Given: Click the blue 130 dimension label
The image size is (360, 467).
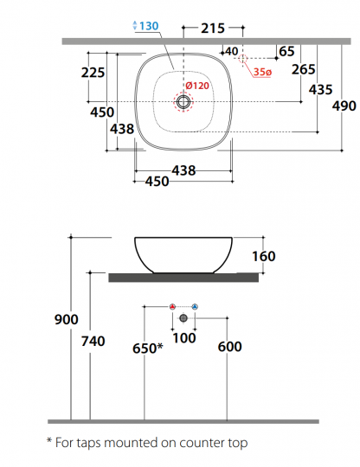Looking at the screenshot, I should pyautogui.click(x=148, y=26).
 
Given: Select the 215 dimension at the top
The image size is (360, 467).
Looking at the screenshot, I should pyautogui.click(x=213, y=29).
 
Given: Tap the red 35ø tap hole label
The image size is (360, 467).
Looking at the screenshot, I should pyautogui.click(x=264, y=71).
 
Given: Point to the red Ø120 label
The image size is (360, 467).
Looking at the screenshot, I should pyautogui.click(x=197, y=85).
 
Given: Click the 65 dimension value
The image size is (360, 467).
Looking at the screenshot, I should pyautogui.click(x=286, y=52).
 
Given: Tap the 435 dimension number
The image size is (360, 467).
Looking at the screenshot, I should pyautogui.click(x=321, y=89).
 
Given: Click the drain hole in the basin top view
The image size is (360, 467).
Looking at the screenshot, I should pyautogui.click(x=183, y=102).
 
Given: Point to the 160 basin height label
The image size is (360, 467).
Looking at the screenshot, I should pyautogui.click(x=263, y=256).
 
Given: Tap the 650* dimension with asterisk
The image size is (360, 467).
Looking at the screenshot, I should pyautogui.click(x=146, y=348).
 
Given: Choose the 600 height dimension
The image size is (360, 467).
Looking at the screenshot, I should pyautogui.click(x=229, y=347).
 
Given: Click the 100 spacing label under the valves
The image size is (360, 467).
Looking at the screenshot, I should pyautogui.click(x=184, y=337).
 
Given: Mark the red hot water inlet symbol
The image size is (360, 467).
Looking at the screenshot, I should pyautogui.click(x=173, y=307).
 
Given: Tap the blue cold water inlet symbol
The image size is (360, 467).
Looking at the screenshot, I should pyautogui.click(x=195, y=307).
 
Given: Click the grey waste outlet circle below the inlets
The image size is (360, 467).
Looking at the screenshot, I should pyautogui.click(x=183, y=318).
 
